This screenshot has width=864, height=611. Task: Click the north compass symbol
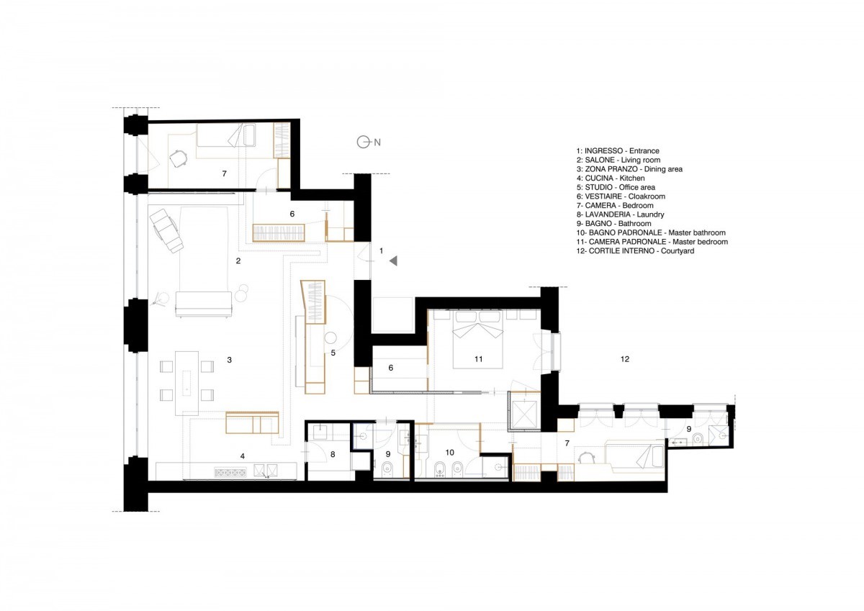pos(363,142)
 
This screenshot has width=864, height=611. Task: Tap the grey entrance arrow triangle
pos(393,261)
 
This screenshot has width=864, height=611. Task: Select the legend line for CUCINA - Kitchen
pos(611,178)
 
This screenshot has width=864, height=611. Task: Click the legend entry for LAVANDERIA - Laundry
pos(620,214)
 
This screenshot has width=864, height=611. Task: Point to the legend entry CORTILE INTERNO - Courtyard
pos(635,251)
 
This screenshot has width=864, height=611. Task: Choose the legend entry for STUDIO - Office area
pos(616,187)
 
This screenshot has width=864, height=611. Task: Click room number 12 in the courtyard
pos(625,359)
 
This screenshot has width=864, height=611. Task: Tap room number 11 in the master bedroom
pos(479,359)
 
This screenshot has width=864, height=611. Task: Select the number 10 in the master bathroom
pos(450,453)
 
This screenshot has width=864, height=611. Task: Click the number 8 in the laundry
pos(333,455)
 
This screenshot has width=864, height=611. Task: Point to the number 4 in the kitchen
pos(242,456)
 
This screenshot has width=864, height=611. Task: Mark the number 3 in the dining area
pos(230,360)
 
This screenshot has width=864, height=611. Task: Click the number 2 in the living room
pos(238,261)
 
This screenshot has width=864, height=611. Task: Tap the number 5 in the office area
pos(333,353)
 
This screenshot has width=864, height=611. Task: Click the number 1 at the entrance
pos(381,251)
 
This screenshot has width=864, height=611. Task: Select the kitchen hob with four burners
pos(230,472)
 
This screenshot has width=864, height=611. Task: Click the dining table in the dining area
pos(186,383)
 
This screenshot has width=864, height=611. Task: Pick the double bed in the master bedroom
pos(478,339)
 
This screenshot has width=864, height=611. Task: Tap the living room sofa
pos(204,304)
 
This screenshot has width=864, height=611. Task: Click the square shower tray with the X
pos(525,415)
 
